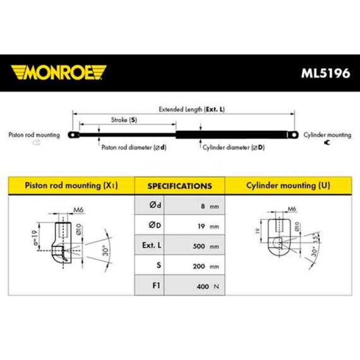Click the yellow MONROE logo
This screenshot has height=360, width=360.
click(58, 72)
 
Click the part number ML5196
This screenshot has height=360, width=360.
click(325, 73)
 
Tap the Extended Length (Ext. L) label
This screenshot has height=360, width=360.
click(192, 109)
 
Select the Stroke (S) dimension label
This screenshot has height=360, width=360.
click(124, 120)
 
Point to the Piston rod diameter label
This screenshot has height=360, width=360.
click(134, 147)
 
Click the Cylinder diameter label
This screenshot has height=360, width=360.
click(234, 147)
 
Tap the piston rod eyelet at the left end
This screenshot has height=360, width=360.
click(73, 135)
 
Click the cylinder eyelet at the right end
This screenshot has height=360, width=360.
click(293, 135)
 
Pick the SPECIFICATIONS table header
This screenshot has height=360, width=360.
click(180, 186)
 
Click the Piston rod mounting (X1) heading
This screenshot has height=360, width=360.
click(71, 185)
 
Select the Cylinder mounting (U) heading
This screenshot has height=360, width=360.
click(288, 185)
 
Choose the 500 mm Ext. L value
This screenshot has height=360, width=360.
click(206, 246)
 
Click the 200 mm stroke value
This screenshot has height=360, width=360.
click(206, 266)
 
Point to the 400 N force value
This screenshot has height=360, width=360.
click(208, 286)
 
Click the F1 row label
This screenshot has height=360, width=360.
click(156, 285)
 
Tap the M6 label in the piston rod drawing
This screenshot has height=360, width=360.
click(78, 210)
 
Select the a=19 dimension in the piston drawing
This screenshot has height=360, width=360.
click(35, 238)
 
